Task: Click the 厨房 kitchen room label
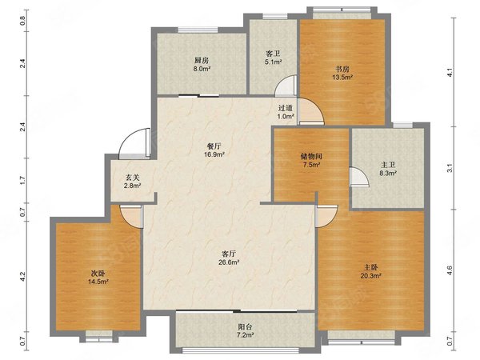pos(201,60)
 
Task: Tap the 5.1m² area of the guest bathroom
pos(273,62)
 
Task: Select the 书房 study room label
pos(342,69)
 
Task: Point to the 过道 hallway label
pos(286,108)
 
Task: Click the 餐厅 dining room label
pos(214,146)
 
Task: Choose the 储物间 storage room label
pos(311,157)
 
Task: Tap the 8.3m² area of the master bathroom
pos(388,174)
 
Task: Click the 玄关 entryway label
pos(133,178)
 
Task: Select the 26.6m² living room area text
pos(229,262)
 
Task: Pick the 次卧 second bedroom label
pos(98,273)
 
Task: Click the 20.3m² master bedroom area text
pos(370,276)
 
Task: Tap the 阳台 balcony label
pos(245,326)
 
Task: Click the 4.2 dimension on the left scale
pos(22,277)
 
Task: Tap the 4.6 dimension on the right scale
pos(450,270)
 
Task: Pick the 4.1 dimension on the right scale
pos(450,72)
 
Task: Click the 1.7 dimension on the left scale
pos(22,180)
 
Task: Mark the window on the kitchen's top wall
pos(198,30)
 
